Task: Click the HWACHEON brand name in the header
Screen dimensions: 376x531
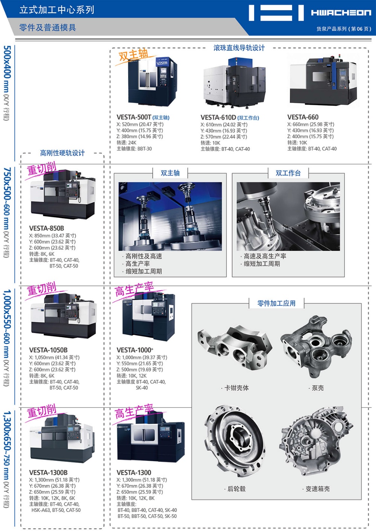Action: coord(341,12)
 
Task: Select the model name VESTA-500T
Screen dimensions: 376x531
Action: coord(134,117)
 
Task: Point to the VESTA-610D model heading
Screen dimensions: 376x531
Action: coord(218,117)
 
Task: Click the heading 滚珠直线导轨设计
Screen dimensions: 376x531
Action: coord(239,48)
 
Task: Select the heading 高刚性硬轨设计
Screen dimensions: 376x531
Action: coord(62,153)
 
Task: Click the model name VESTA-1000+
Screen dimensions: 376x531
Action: coord(135,350)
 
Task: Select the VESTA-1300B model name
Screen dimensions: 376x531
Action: coord(48,472)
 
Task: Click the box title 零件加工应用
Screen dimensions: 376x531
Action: coord(276,303)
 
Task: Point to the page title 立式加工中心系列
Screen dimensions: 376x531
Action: coord(57,10)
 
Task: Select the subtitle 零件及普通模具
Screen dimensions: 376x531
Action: coord(47,28)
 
